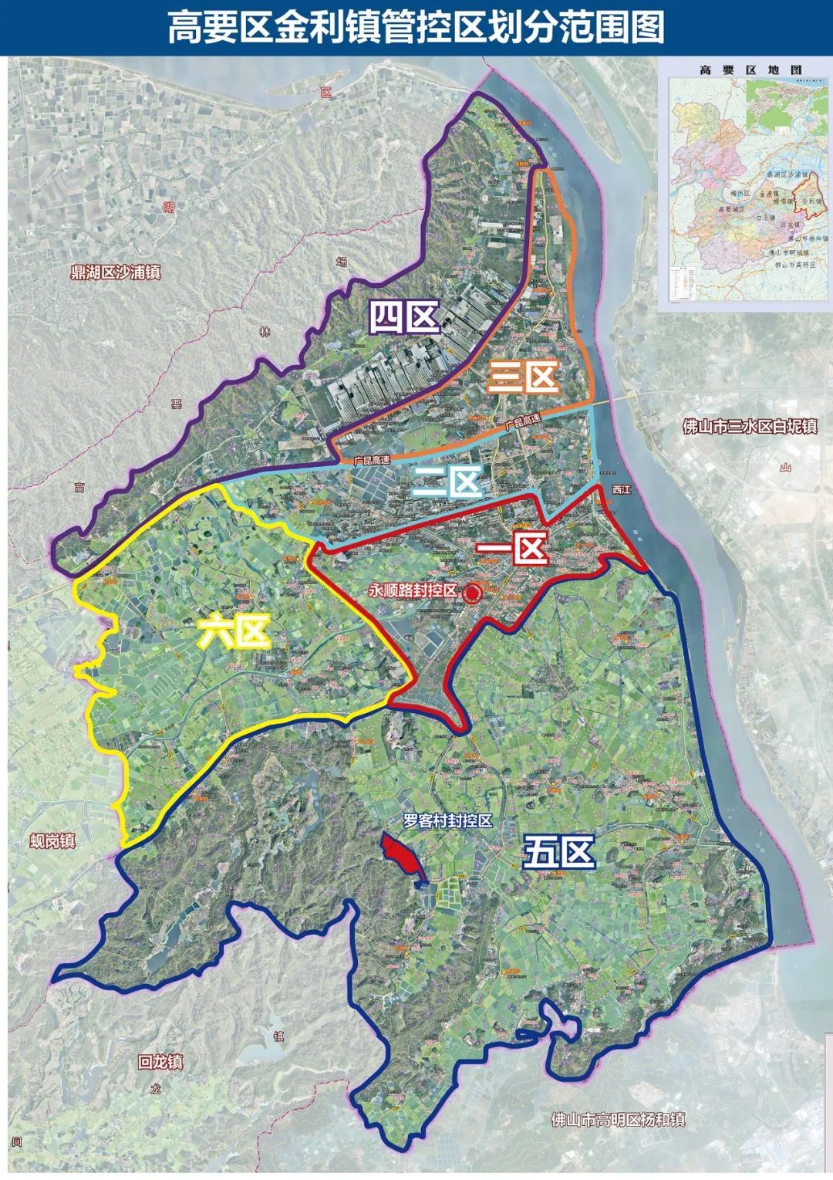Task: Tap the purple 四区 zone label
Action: [403, 316]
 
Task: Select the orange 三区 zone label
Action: [524, 378]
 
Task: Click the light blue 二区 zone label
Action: [447, 483]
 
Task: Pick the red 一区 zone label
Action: [511, 549]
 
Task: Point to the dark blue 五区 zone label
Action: [559, 854]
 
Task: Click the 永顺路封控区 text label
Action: [413, 591]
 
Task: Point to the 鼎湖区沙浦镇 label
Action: [115, 272]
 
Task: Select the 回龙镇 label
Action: [160, 1062]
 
